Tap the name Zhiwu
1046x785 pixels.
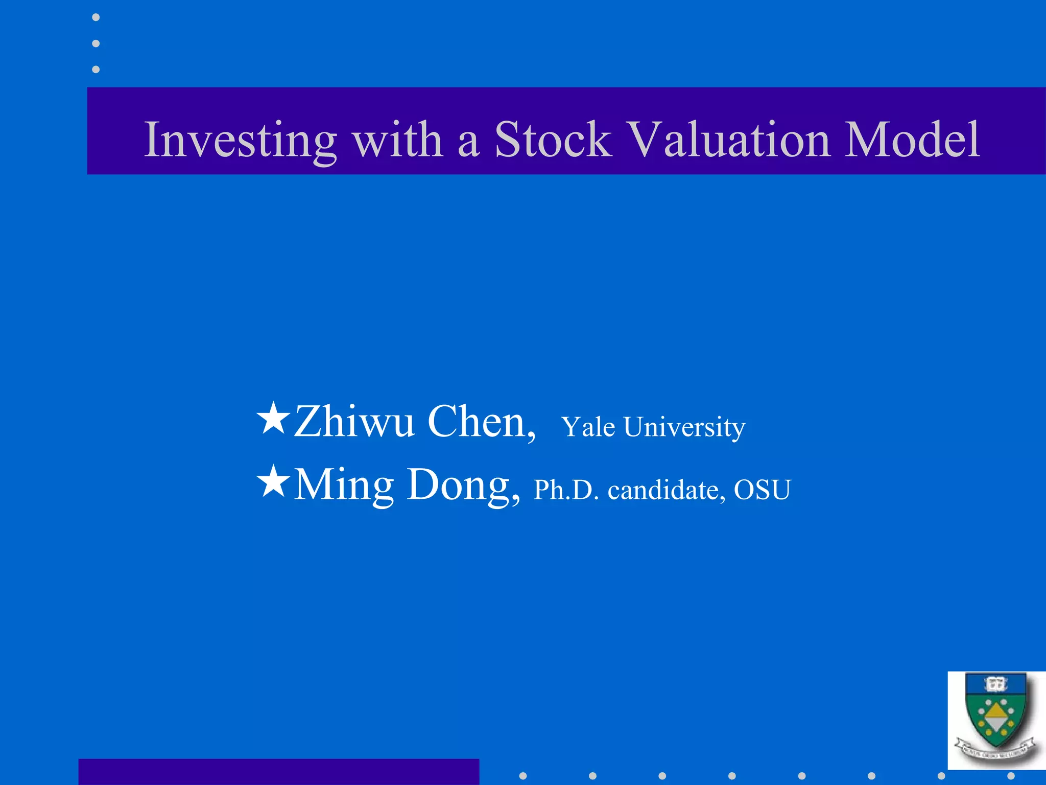tap(353, 422)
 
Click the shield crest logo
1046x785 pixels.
tap(996, 718)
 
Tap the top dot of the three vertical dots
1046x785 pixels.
tap(96, 17)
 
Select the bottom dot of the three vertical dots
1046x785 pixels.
tap(96, 69)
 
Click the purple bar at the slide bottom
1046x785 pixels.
tap(278, 772)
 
